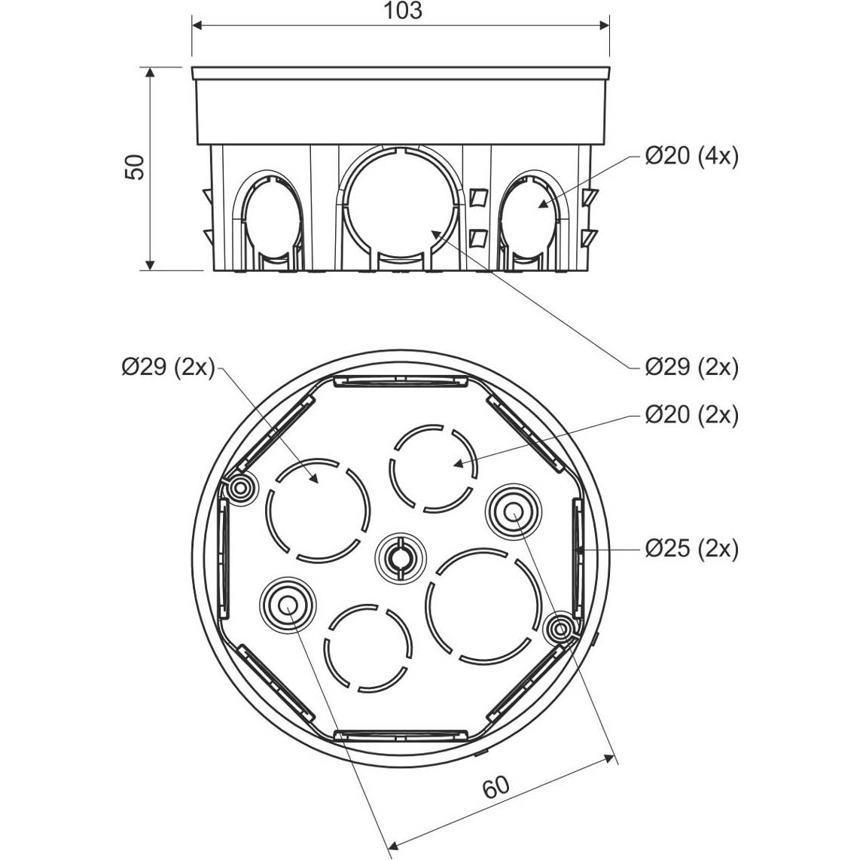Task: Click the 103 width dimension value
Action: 402,11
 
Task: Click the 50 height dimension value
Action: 135,166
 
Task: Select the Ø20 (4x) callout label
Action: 691,157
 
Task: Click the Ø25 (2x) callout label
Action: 691,548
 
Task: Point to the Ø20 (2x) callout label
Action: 691,415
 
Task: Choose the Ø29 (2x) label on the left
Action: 168,367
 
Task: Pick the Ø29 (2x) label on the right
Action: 691,367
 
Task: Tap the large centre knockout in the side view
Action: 401,206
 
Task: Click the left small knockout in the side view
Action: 273,219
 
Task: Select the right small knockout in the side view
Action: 530,219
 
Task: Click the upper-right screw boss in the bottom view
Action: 514,512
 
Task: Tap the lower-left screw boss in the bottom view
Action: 288,605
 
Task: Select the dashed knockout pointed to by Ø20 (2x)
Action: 433,468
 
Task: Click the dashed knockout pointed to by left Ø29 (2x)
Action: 318,510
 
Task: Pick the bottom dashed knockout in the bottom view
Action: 368,648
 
